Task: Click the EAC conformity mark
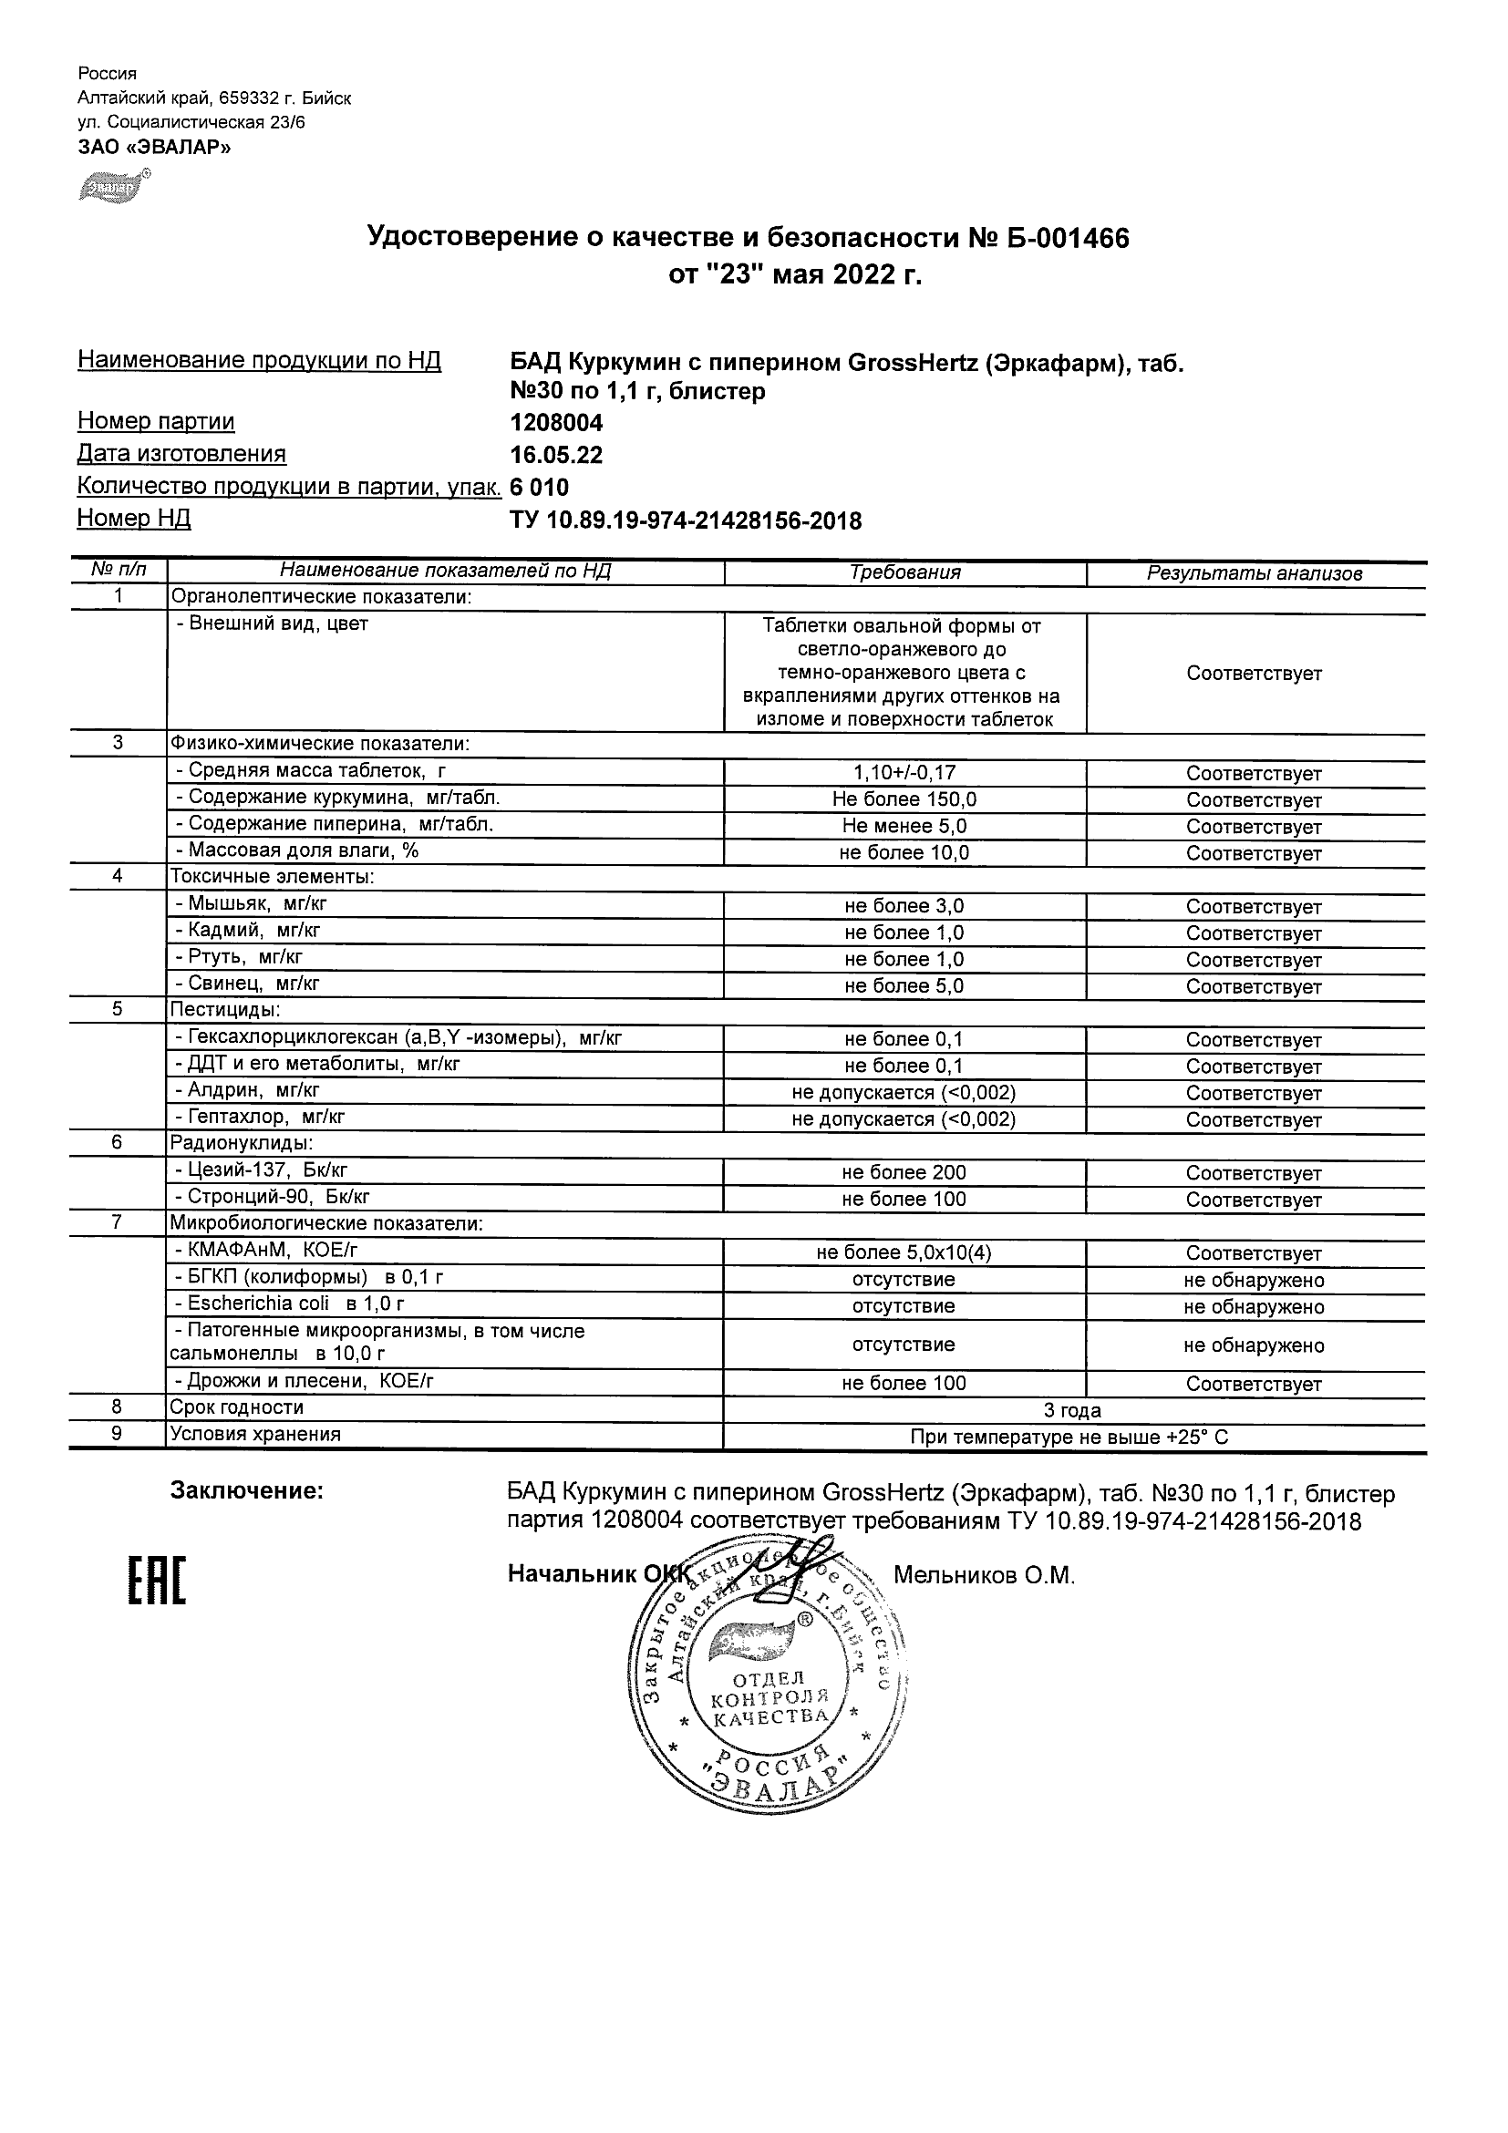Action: (156, 1579)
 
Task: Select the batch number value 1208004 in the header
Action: (555, 424)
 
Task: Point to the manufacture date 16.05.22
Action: (555, 455)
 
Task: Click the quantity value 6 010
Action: (539, 488)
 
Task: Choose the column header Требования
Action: (904, 572)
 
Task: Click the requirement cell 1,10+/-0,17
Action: (904, 773)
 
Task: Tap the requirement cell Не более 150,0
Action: (904, 799)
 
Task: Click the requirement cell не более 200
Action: (904, 1172)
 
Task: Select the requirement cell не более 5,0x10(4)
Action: (904, 1252)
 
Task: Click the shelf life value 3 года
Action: (1072, 1410)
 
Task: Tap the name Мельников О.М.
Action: (983, 1574)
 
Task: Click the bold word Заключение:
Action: (246, 1491)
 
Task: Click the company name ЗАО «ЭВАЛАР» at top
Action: (153, 147)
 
